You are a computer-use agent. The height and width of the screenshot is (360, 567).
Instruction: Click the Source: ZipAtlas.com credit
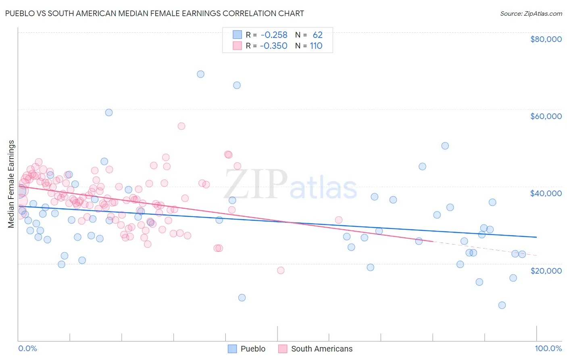pyautogui.click(x=531, y=13)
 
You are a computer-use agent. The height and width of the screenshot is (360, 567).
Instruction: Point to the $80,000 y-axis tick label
pyautogui.click(x=546, y=39)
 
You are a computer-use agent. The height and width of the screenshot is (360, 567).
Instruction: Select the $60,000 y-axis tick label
pyautogui.click(x=546, y=116)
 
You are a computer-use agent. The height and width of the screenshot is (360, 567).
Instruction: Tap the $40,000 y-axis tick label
pyautogui.click(x=546, y=193)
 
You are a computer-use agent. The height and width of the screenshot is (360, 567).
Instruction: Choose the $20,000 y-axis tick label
pyautogui.click(x=546, y=270)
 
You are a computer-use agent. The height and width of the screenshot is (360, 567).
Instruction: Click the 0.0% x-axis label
pyautogui.click(x=27, y=348)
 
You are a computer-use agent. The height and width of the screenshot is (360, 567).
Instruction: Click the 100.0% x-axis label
pyautogui.click(x=548, y=348)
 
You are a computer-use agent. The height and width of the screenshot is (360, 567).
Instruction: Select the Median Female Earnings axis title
pyautogui.click(x=11, y=184)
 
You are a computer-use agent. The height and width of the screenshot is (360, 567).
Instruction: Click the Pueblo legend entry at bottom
pyautogui.click(x=246, y=349)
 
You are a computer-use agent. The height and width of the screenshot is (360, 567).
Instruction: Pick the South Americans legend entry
pyautogui.click(x=315, y=349)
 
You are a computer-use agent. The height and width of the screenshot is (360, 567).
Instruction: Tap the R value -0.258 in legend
pyautogui.click(x=274, y=35)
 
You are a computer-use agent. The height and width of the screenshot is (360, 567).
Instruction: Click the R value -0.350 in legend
pyautogui.click(x=274, y=46)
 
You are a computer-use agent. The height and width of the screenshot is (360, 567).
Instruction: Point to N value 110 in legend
pyautogui.click(x=316, y=46)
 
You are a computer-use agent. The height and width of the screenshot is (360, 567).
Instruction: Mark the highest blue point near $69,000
pyautogui.click(x=200, y=74)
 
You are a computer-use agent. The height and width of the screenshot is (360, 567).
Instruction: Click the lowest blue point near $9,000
pyautogui.click(x=502, y=305)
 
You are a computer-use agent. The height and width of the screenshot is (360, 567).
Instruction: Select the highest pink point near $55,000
pyautogui.click(x=181, y=126)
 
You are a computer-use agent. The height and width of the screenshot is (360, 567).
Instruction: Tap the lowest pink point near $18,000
pyautogui.click(x=281, y=270)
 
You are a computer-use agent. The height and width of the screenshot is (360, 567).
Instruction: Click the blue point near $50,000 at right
pyautogui.click(x=445, y=146)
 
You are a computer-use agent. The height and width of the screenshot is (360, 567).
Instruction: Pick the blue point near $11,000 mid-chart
pyautogui.click(x=242, y=297)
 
